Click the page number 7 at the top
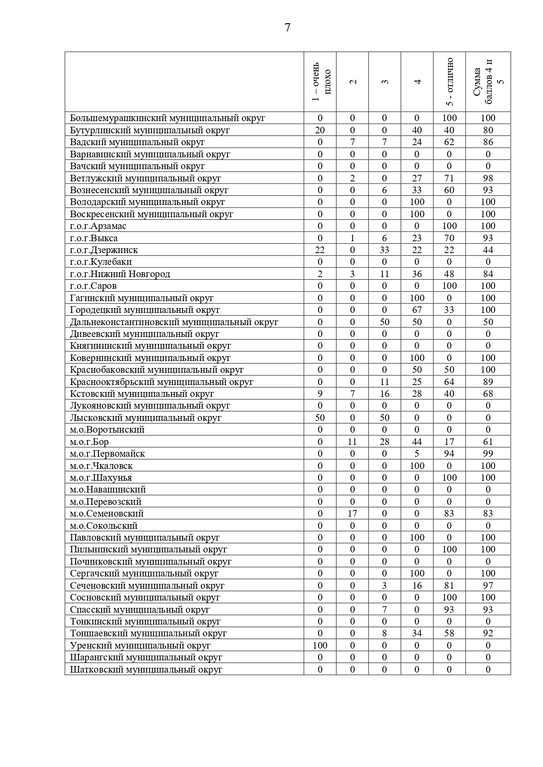[287, 28]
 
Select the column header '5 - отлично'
[450, 82]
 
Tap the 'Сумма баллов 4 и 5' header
[488, 82]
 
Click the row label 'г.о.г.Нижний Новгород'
[120, 274]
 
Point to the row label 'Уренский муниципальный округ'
[140, 646]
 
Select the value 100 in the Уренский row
[320, 646]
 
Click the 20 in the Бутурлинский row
[320, 130]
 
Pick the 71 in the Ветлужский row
[449, 178]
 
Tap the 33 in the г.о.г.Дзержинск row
[385, 250]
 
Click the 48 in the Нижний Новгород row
[449, 274]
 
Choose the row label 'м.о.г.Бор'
[89, 442]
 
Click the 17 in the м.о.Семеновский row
[352, 514]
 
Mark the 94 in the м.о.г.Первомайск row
[449, 454]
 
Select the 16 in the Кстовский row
[385, 394]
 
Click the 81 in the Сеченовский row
[449, 586]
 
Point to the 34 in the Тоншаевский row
[417, 633]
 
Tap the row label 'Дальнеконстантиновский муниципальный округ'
[174, 322]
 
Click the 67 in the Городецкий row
[417, 310]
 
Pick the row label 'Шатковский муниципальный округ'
[146, 670]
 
